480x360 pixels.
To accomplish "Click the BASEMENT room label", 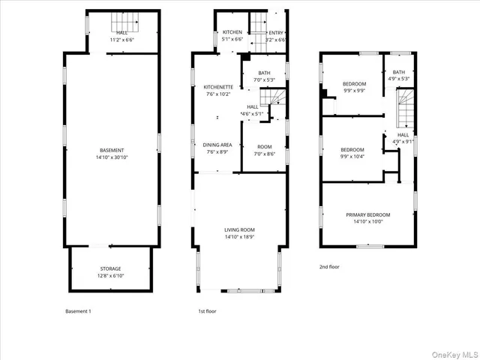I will click(111, 151).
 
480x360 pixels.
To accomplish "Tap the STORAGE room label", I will click(111, 268).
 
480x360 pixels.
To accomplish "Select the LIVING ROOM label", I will click(240, 229).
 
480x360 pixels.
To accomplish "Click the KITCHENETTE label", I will click(219, 87).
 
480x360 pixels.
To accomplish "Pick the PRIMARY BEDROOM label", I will click(368, 214).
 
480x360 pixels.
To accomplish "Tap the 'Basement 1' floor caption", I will click(79, 310).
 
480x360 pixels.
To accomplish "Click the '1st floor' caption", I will click(207, 310).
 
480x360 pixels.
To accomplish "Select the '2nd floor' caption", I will click(330, 267).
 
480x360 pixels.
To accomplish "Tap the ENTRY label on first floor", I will click(277, 32).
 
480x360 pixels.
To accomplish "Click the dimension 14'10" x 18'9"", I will click(240, 237).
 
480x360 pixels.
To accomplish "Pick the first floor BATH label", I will click(265, 72).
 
